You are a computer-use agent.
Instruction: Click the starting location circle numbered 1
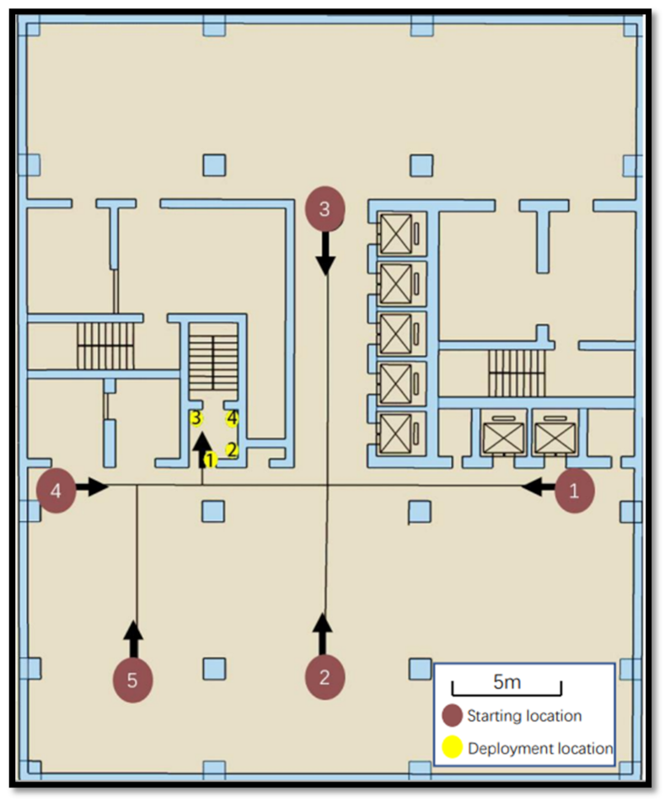click(x=575, y=492)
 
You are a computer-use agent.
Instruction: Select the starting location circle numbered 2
click(x=324, y=676)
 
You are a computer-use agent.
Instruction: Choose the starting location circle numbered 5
click(x=132, y=680)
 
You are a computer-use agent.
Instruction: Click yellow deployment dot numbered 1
click(x=211, y=460)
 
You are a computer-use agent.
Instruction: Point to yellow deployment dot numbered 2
click(x=233, y=449)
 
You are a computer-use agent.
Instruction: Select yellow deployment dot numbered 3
click(x=196, y=417)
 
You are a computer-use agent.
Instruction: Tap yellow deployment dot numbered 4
click(x=232, y=417)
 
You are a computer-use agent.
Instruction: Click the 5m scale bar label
click(x=507, y=680)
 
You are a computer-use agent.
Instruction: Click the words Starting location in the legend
click(x=524, y=716)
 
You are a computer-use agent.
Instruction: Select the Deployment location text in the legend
click(x=539, y=748)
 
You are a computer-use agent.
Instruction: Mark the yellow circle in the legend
click(x=453, y=748)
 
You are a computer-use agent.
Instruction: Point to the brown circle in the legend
click(x=453, y=716)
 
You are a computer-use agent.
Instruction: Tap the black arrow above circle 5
click(x=133, y=637)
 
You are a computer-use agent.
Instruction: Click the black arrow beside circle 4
click(x=93, y=486)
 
